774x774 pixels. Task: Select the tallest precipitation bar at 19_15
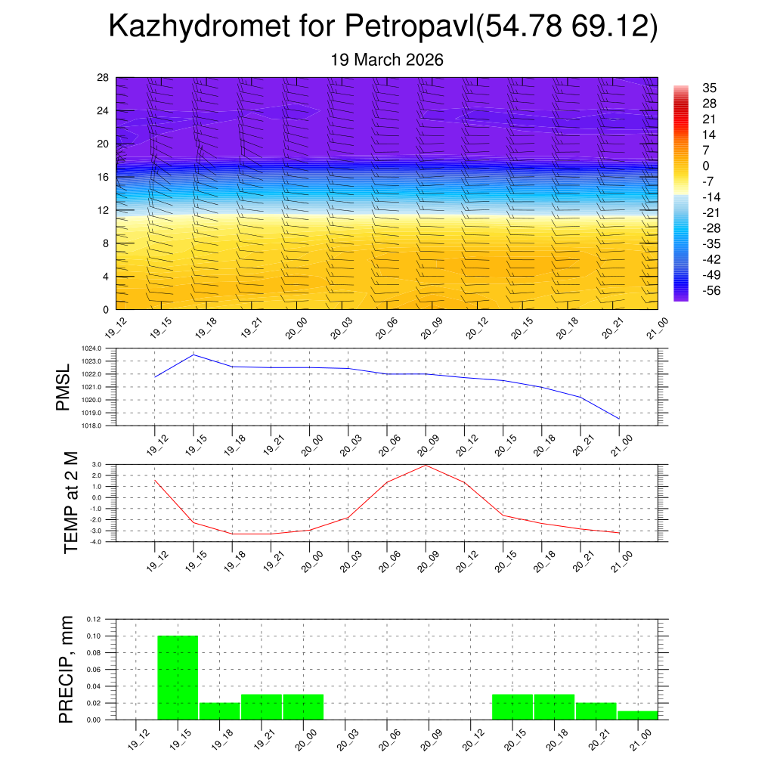point(178,677)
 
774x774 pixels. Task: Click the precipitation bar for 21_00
point(637,715)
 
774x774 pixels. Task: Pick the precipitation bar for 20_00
point(304,707)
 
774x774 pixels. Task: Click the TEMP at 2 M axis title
point(70,503)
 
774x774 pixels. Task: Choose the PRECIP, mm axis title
point(67,670)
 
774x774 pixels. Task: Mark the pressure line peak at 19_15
point(193,354)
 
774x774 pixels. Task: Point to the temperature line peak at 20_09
point(426,465)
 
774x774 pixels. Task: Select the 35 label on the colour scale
point(709,88)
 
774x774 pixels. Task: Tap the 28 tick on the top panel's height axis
point(103,78)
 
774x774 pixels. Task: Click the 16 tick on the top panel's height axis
point(103,177)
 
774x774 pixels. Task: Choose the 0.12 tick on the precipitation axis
point(92,619)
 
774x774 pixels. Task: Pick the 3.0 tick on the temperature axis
point(97,465)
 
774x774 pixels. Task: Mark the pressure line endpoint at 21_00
point(619,419)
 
